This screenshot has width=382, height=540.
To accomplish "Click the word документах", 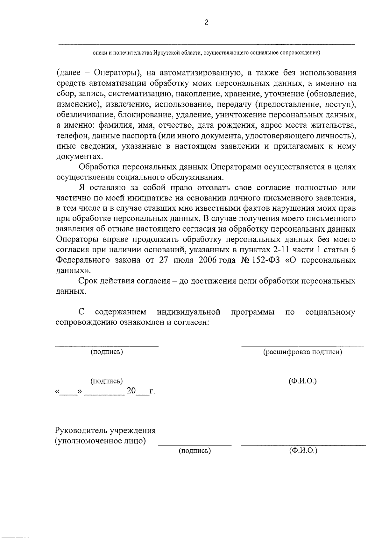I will (x=80, y=157).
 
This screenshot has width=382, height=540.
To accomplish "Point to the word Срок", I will (x=87, y=281).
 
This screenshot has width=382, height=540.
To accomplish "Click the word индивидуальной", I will (x=189, y=312).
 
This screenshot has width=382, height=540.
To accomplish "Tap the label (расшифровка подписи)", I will (x=302, y=352).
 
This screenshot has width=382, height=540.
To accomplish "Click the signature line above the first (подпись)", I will (x=107, y=346).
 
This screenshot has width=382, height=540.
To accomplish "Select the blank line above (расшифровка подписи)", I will (x=302, y=346).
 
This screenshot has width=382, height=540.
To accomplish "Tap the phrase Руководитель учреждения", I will (x=105, y=431).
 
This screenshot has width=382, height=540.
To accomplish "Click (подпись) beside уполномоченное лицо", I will (x=195, y=451).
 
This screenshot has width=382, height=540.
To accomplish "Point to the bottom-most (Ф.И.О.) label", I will (x=303, y=451).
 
